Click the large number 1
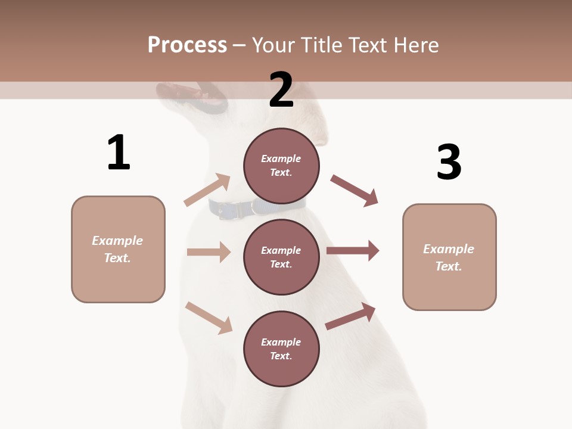click(119, 153)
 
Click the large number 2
click(281, 90)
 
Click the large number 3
click(449, 162)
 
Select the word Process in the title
click(187, 45)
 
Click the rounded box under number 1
click(118, 249)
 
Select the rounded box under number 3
click(449, 257)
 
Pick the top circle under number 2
click(281, 166)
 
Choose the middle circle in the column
click(281, 257)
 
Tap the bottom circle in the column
click(281, 349)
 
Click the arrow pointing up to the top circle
click(207, 190)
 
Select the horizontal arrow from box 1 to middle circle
click(209, 252)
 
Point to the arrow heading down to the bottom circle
click(209, 318)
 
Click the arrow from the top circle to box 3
click(355, 191)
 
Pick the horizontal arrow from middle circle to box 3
click(353, 250)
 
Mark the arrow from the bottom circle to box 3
click(350, 316)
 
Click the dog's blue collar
click(256, 208)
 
